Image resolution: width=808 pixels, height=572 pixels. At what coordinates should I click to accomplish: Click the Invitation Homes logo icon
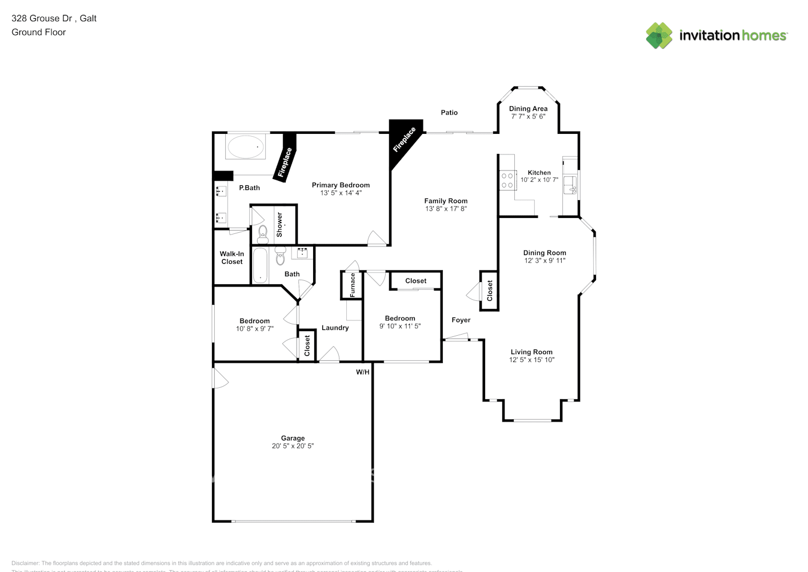[x=659, y=35]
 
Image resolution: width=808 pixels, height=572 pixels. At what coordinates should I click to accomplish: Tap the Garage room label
[x=293, y=438]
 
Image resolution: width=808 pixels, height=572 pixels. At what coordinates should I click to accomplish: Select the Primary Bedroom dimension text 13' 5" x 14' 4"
[x=341, y=193]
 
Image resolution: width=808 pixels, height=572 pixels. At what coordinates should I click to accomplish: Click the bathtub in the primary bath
[x=246, y=148]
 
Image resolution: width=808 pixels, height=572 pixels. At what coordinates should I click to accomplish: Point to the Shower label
[x=279, y=225]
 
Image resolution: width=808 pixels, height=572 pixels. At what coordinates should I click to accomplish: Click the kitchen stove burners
[x=507, y=181]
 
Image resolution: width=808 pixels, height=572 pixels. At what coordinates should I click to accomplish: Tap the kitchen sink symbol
[x=570, y=185]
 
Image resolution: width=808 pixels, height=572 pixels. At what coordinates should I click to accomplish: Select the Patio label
[x=449, y=113]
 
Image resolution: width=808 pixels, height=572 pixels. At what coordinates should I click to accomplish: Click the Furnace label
[x=353, y=285]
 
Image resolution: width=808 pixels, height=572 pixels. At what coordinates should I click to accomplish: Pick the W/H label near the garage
[x=363, y=372]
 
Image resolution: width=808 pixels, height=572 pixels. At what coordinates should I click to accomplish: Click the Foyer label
[x=461, y=320]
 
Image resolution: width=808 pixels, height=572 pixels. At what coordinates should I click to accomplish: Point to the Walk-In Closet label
[x=232, y=258]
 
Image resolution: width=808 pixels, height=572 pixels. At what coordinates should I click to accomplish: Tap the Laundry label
[x=335, y=328]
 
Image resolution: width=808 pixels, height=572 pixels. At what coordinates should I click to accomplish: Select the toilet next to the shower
[x=262, y=233]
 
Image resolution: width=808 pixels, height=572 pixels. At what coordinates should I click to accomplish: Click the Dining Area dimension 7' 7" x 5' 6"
[x=528, y=116]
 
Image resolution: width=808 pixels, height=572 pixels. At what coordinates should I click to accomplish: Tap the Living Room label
[x=531, y=352]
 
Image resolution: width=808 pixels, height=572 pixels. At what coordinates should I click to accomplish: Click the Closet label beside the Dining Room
[x=490, y=291]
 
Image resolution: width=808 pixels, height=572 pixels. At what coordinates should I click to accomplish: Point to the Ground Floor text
[x=39, y=32]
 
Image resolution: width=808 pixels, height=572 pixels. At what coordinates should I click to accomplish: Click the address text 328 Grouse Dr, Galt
[x=54, y=18]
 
